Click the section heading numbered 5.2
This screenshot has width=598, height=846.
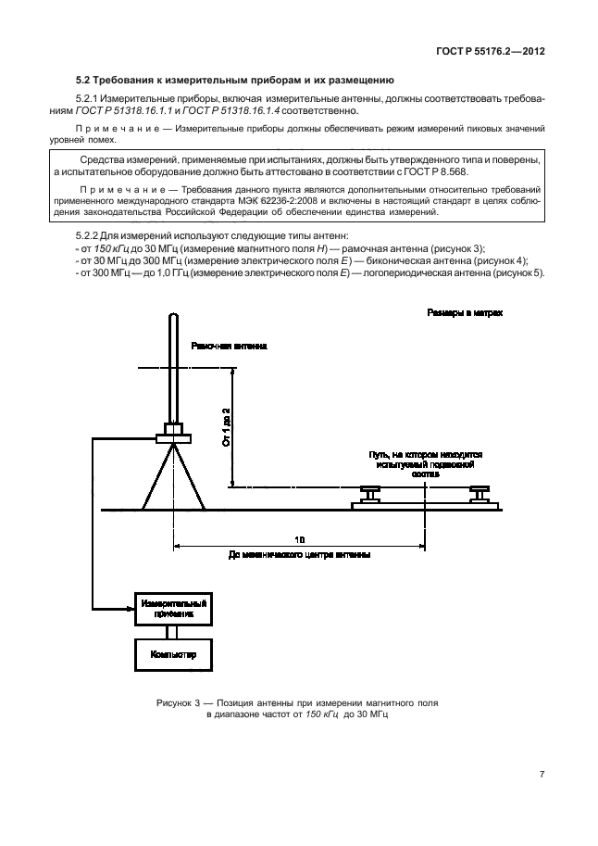[x=235, y=81]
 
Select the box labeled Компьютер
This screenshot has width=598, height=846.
[x=172, y=655]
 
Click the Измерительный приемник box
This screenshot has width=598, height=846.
[x=172, y=608]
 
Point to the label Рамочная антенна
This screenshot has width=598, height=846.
[x=229, y=345]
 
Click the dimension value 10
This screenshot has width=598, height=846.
[x=299, y=538]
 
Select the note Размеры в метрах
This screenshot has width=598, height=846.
[x=466, y=315]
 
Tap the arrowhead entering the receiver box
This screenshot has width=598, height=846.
[x=130, y=608]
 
